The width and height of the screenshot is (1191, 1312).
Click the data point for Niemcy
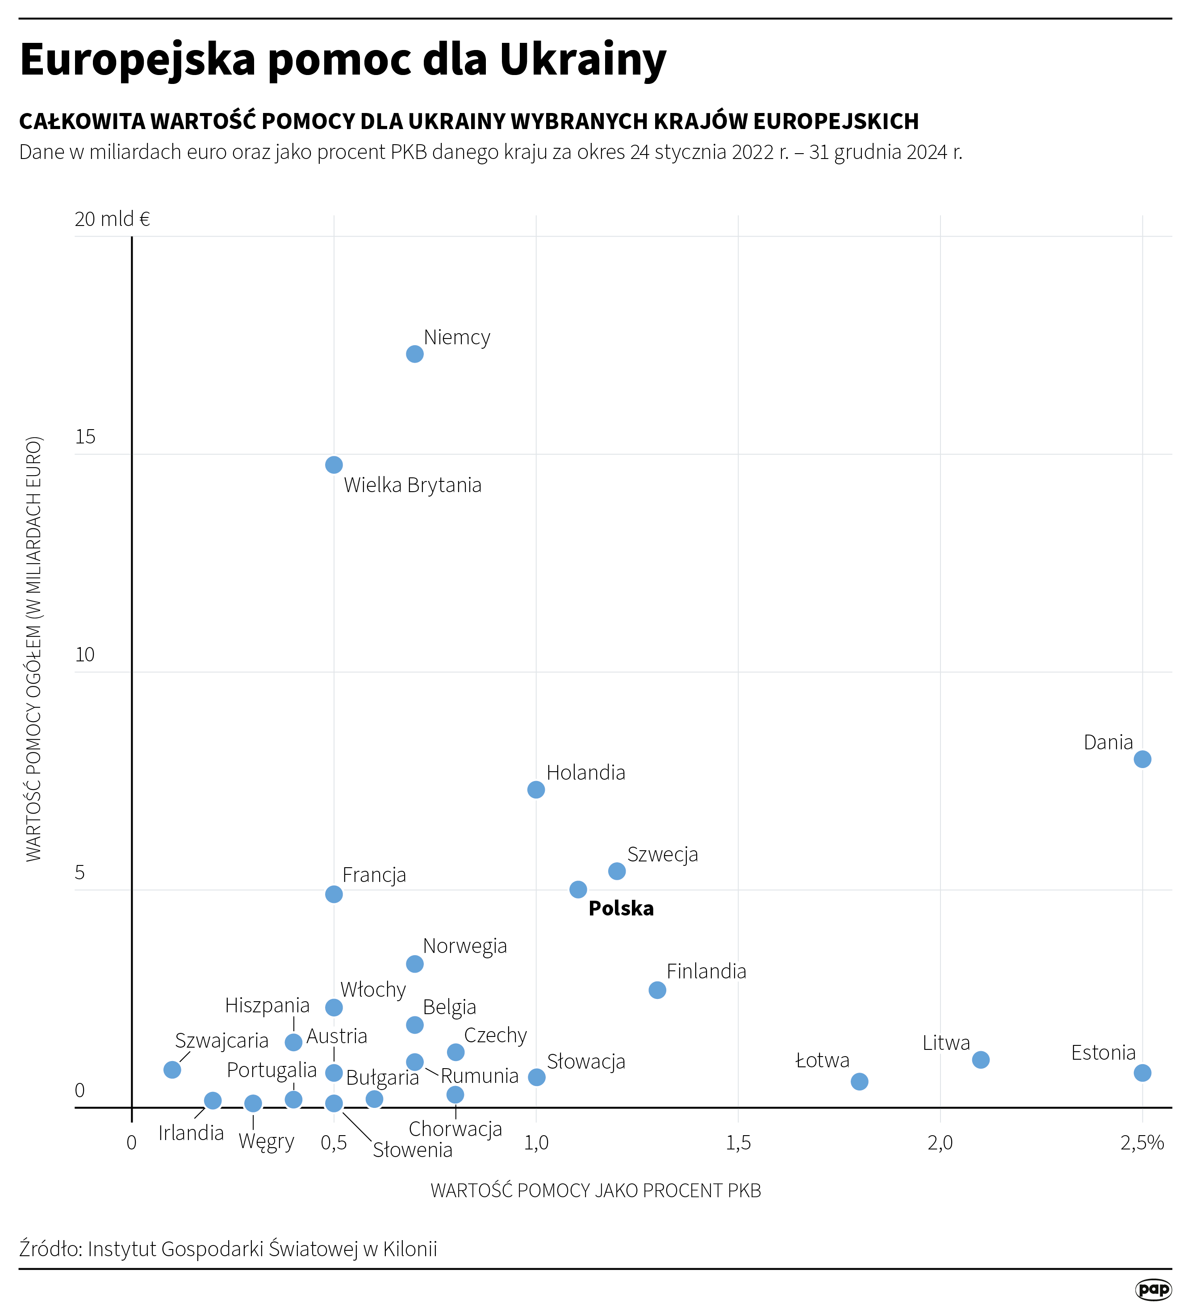(414, 354)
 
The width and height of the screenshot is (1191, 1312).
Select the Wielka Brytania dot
(334, 465)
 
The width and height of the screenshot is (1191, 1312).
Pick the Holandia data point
(536, 790)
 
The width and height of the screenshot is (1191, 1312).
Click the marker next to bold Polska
(578, 889)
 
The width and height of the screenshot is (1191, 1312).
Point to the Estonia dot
(1142, 1073)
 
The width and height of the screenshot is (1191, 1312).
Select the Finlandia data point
(657, 990)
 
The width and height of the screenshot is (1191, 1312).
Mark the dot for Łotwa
(859, 1081)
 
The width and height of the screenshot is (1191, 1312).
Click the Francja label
(374, 875)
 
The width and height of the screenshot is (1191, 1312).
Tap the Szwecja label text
(663, 854)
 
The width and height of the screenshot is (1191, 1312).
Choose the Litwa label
(946, 1043)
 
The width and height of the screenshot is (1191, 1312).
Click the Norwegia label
(465, 946)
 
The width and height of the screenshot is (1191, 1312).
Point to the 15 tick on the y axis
(85, 437)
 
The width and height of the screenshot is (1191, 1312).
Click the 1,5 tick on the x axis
(738, 1143)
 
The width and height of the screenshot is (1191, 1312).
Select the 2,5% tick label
(1142, 1143)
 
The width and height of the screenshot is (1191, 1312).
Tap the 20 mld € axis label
(113, 219)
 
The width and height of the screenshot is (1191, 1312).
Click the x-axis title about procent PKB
(596, 1190)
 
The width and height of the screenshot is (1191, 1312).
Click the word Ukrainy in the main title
(582, 59)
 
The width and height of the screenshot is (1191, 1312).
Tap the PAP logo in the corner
(1153, 1289)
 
